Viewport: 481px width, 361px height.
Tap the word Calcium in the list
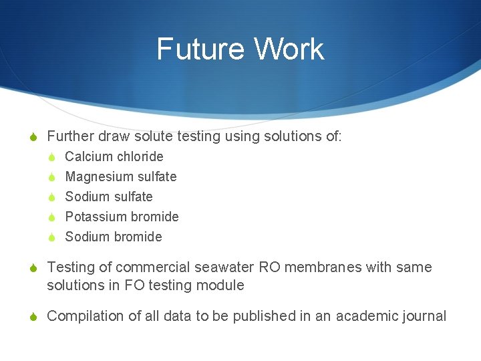click(89, 156)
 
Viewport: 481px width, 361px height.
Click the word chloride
click(140, 156)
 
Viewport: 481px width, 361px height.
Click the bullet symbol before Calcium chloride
click(51, 157)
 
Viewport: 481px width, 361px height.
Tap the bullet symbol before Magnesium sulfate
click(51, 177)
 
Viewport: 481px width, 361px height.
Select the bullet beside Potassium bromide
click(51, 217)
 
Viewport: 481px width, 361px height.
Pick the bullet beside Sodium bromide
click(51, 237)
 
